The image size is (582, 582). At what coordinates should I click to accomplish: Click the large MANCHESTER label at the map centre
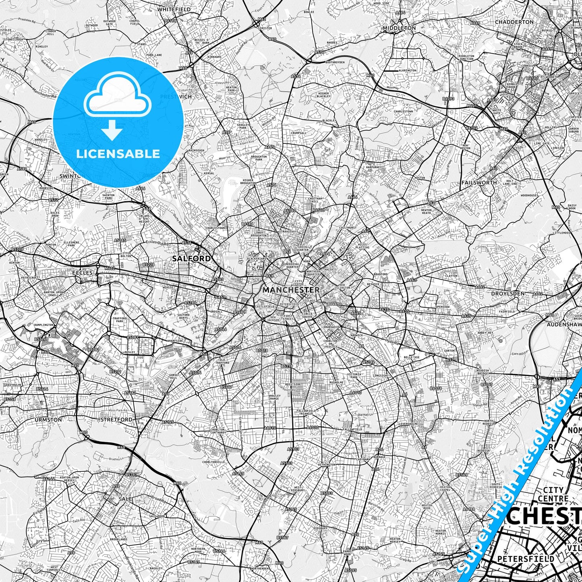[x=291, y=290]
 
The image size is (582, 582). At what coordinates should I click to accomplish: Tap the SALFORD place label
[x=191, y=258]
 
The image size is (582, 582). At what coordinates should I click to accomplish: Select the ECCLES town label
[x=83, y=273]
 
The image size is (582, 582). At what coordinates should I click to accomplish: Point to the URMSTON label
[x=48, y=419]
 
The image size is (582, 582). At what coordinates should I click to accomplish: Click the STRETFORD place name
[x=116, y=419]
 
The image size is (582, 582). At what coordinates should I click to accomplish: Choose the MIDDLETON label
[x=399, y=28]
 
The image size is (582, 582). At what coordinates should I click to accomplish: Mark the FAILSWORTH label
[x=479, y=182]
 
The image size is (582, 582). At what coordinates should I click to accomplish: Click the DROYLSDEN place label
[x=507, y=294]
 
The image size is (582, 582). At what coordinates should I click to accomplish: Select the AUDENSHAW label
[x=564, y=324]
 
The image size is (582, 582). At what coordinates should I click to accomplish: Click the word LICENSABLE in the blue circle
[x=118, y=153]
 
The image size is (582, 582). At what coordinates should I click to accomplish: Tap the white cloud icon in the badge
[x=118, y=98]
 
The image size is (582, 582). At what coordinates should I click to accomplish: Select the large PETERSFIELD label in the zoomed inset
[x=526, y=559]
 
